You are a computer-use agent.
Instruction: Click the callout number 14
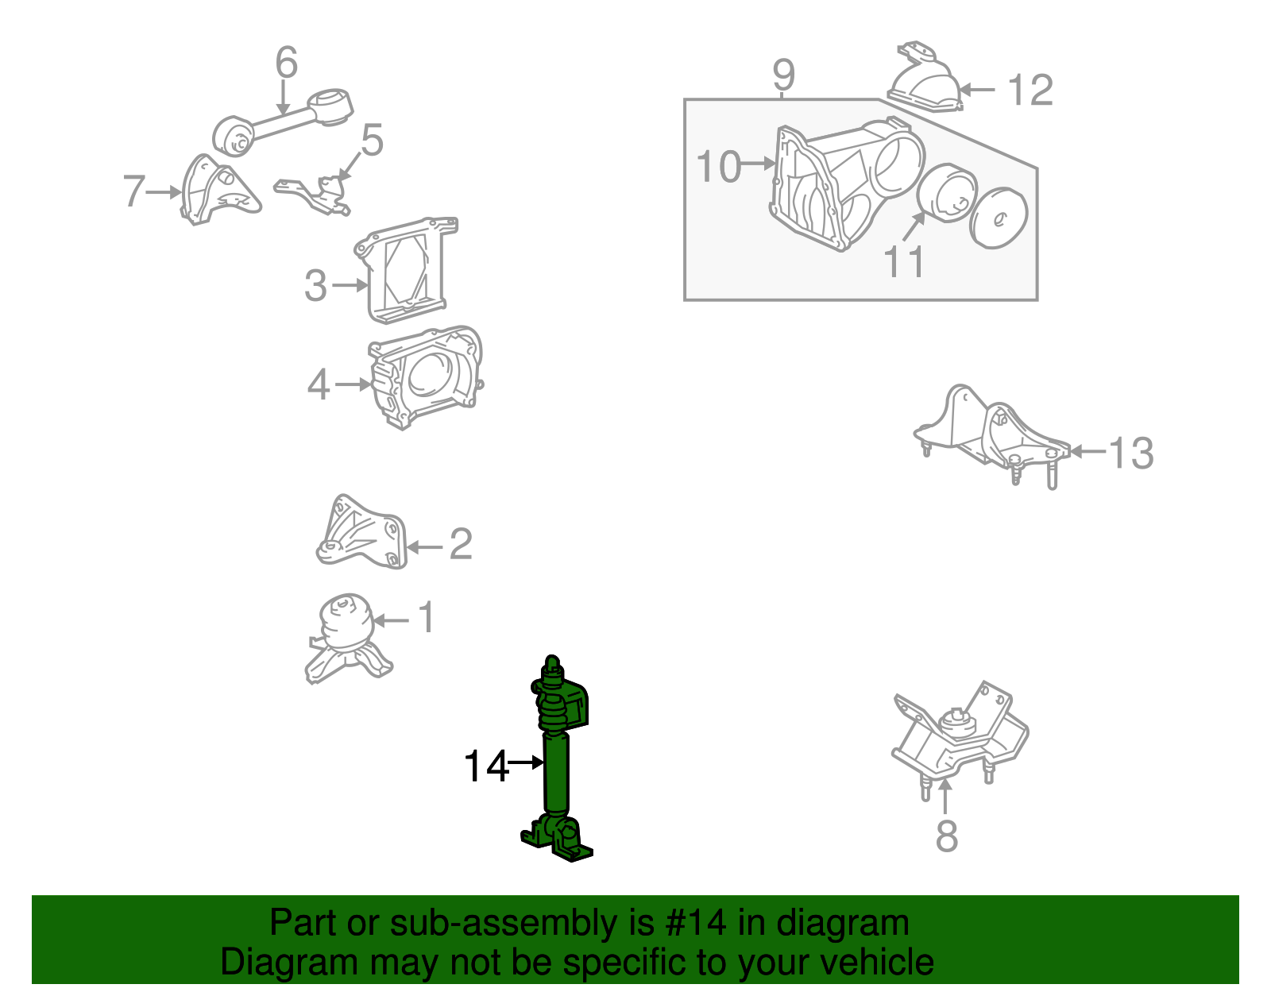[x=485, y=766]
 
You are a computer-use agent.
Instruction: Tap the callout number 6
[x=286, y=63]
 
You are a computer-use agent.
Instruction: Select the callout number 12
[x=1030, y=91]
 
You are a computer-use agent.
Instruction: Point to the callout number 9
[x=783, y=75]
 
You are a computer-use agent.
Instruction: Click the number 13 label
[x=1130, y=454]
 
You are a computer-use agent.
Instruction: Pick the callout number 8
[x=946, y=836]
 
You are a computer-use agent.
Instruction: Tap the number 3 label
[x=315, y=286]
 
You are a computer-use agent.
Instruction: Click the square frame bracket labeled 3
[x=405, y=270]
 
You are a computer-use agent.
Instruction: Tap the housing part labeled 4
[x=425, y=377]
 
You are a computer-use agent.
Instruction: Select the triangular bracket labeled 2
[x=361, y=532]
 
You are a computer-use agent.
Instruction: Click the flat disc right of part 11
[x=999, y=218]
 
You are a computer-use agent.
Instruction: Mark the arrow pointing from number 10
[x=759, y=164]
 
